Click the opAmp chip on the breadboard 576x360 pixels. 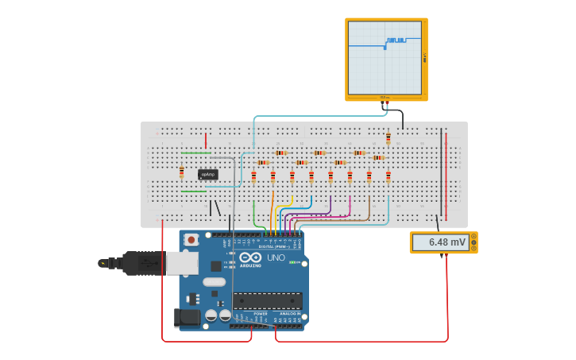click(208, 174)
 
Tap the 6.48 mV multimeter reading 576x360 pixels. click(443, 242)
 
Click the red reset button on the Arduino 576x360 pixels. click(191, 239)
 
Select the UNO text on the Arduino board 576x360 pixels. click(275, 258)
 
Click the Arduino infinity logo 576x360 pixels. click(250, 258)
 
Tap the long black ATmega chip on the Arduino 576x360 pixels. click(267, 300)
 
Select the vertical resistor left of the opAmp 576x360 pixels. click(181, 172)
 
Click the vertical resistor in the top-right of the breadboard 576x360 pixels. click(388, 138)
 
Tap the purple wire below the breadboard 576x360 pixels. click(330, 206)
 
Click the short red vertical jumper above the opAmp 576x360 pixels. click(206, 141)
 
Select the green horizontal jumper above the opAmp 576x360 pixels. click(195, 153)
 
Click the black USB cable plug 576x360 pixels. click(143, 262)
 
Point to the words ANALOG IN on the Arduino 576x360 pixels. click(288, 314)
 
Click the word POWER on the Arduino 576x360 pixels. click(260, 314)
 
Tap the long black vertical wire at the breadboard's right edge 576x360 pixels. click(441, 171)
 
